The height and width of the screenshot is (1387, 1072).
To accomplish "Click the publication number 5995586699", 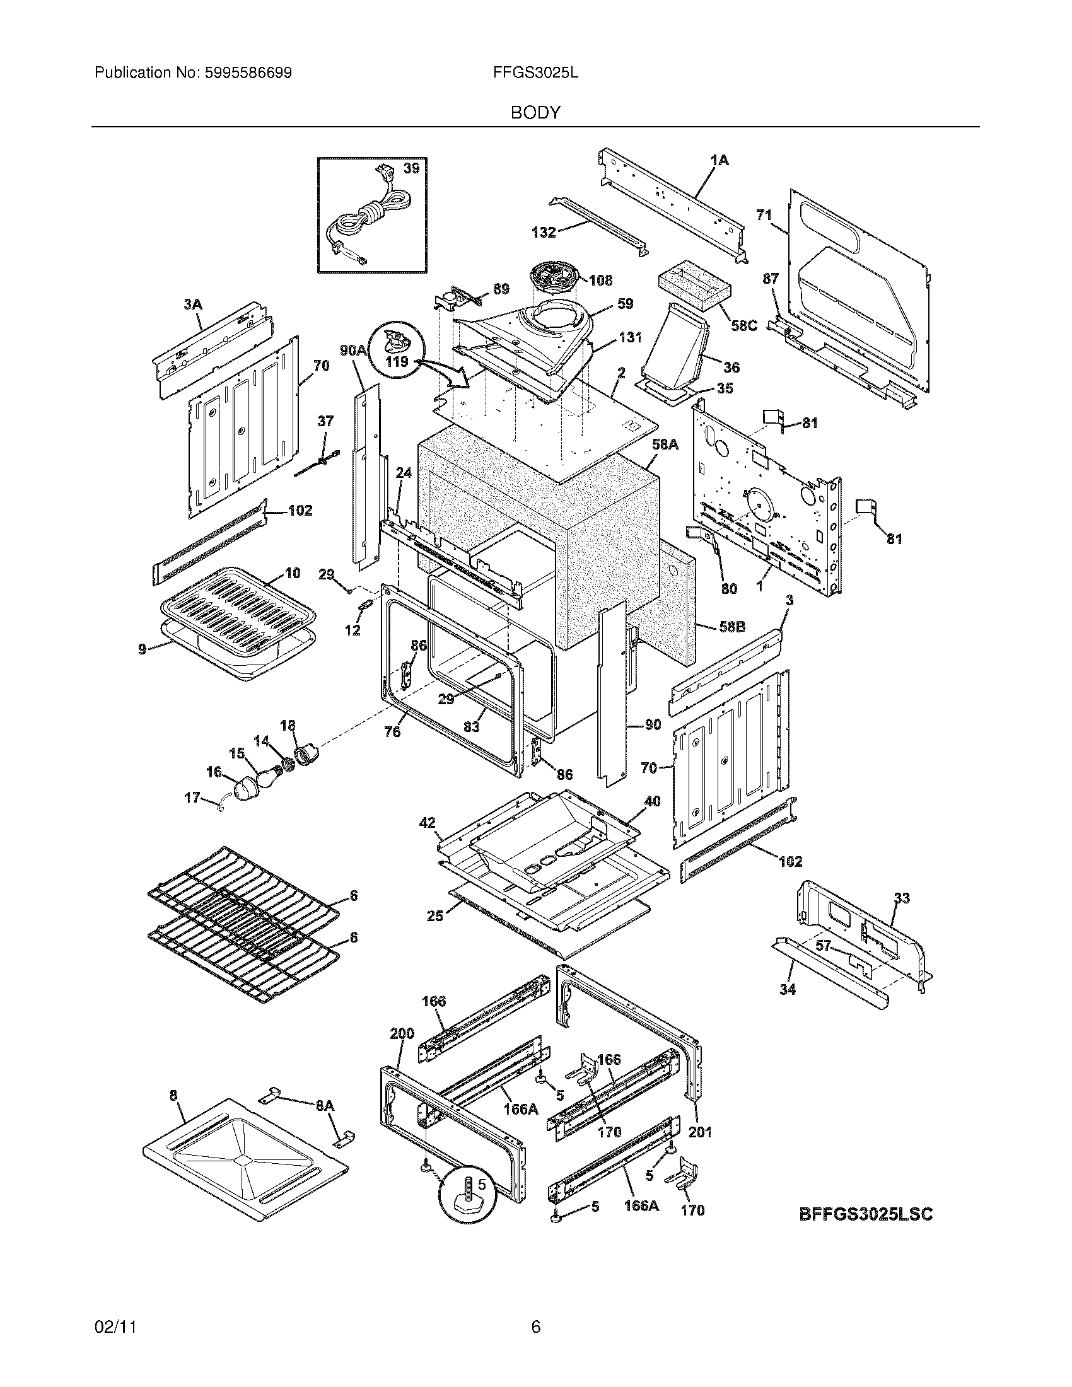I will [x=248, y=73].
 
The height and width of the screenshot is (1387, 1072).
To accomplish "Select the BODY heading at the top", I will [x=535, y=113].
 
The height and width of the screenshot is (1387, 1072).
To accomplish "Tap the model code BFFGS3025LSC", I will [x=865, y=1214].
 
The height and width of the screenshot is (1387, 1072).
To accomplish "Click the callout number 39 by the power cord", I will [x=412, y=168].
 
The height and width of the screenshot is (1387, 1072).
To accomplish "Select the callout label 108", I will [x=600, y=280].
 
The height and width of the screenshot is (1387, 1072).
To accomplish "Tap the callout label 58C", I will [x=743, y=326].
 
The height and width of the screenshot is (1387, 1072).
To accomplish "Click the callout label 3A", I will [x=192, y=305].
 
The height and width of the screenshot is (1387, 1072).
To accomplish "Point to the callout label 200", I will [x=401, y=1033].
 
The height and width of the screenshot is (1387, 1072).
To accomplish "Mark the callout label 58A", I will [x=665, y=445].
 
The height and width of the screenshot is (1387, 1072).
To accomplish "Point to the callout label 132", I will [x=544, y=233].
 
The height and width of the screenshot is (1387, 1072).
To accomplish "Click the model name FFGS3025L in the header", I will [x=535, y=73].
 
